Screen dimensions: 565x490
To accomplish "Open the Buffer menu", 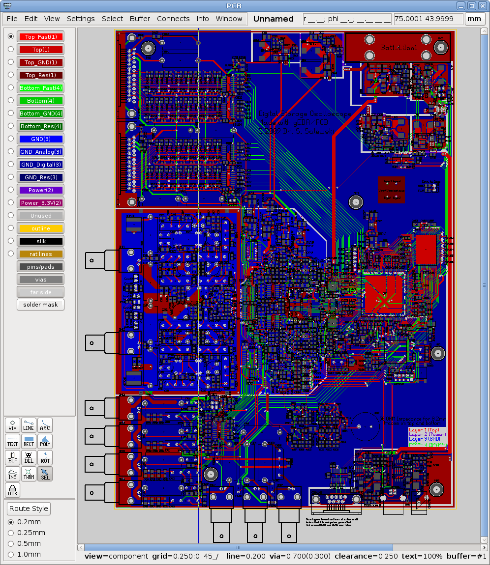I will point(140,19).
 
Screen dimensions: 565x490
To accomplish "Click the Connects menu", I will point(173,19).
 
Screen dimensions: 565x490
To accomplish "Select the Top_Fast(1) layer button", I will point(41,37).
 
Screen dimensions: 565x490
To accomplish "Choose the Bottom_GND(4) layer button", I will point(41,113).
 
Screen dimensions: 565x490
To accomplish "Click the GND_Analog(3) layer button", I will point(41,152).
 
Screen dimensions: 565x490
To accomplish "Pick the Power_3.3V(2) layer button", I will point(41,203).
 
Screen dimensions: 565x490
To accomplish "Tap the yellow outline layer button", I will point(41,228).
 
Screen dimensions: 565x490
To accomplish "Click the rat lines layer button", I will point(41,254).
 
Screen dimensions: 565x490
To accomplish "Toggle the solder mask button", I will point(41,305).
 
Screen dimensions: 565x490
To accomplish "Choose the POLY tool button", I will point(45,441).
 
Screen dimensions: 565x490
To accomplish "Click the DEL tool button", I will point(29,458).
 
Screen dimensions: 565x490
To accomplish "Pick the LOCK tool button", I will point(13,490).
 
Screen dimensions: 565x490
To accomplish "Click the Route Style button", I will point(29,508).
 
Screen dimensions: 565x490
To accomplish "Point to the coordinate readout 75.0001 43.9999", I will point(429,19).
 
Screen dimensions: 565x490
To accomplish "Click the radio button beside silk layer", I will point(11,241).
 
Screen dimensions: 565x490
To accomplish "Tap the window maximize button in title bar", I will point(471,5).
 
